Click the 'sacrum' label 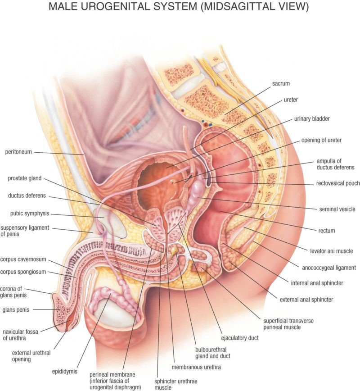(281, 83)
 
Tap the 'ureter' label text (291, 100)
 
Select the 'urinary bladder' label (312, 119)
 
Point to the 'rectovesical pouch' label (338, 183)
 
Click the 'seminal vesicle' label (337, 209)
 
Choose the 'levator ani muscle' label (331, 251)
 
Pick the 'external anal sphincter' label (306, 300)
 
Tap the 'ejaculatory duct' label (240, 338)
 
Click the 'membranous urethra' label (196, 367)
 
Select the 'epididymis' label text (64, 372)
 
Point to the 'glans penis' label (16, 310)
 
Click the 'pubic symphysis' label (30, 214)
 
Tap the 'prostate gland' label (25, 178)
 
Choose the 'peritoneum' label (18, 152)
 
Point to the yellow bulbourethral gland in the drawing (173, 250)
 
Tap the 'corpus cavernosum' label (23, 259)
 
